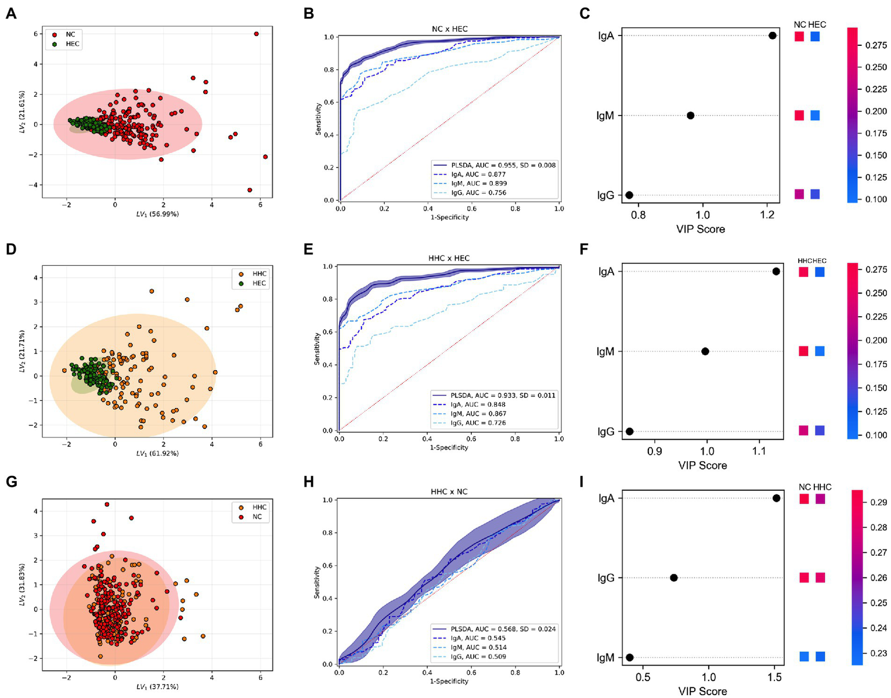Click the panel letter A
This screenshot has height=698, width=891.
[x=10, y=13]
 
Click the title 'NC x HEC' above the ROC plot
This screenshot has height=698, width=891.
[x=449, y=29]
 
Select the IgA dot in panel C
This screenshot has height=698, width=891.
[x=772, y=35]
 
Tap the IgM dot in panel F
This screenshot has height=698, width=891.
[x=705, y=351]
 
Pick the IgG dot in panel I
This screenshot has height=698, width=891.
[x=673, y=577]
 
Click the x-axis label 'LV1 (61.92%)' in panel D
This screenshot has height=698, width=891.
[x=157, y=453]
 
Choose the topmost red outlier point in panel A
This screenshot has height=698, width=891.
[x=256, y=34]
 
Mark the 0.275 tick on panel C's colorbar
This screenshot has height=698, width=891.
[x=875, y=45]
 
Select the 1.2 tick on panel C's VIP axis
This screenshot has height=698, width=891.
[x=767, y=215]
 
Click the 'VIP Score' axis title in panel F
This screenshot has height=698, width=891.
[x=702, y=465]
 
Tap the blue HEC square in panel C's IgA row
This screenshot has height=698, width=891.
[x=815, y=37]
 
